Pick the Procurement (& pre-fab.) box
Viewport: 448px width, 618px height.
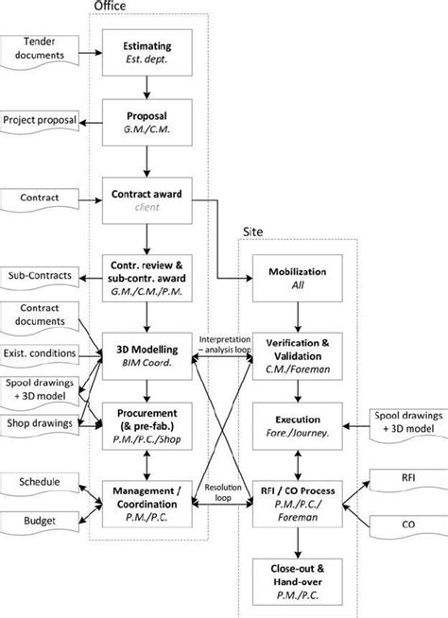tap(146, 421)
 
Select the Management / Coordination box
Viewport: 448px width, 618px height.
tap(146, 494)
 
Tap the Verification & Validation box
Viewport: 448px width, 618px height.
tap(298, 349)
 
